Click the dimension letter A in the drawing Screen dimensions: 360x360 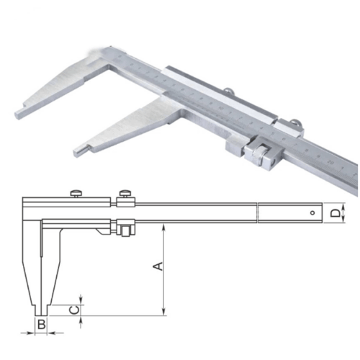(160, 266)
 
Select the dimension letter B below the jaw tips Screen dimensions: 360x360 (42, 325)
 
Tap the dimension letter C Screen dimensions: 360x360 (72, 309)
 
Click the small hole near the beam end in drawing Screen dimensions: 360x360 (312, 213)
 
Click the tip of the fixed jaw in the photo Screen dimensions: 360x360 (18, 113)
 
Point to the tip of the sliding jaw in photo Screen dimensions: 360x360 (78, 152)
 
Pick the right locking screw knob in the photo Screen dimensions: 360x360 (296, 123)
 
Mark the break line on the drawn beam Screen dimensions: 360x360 (258, 212)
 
